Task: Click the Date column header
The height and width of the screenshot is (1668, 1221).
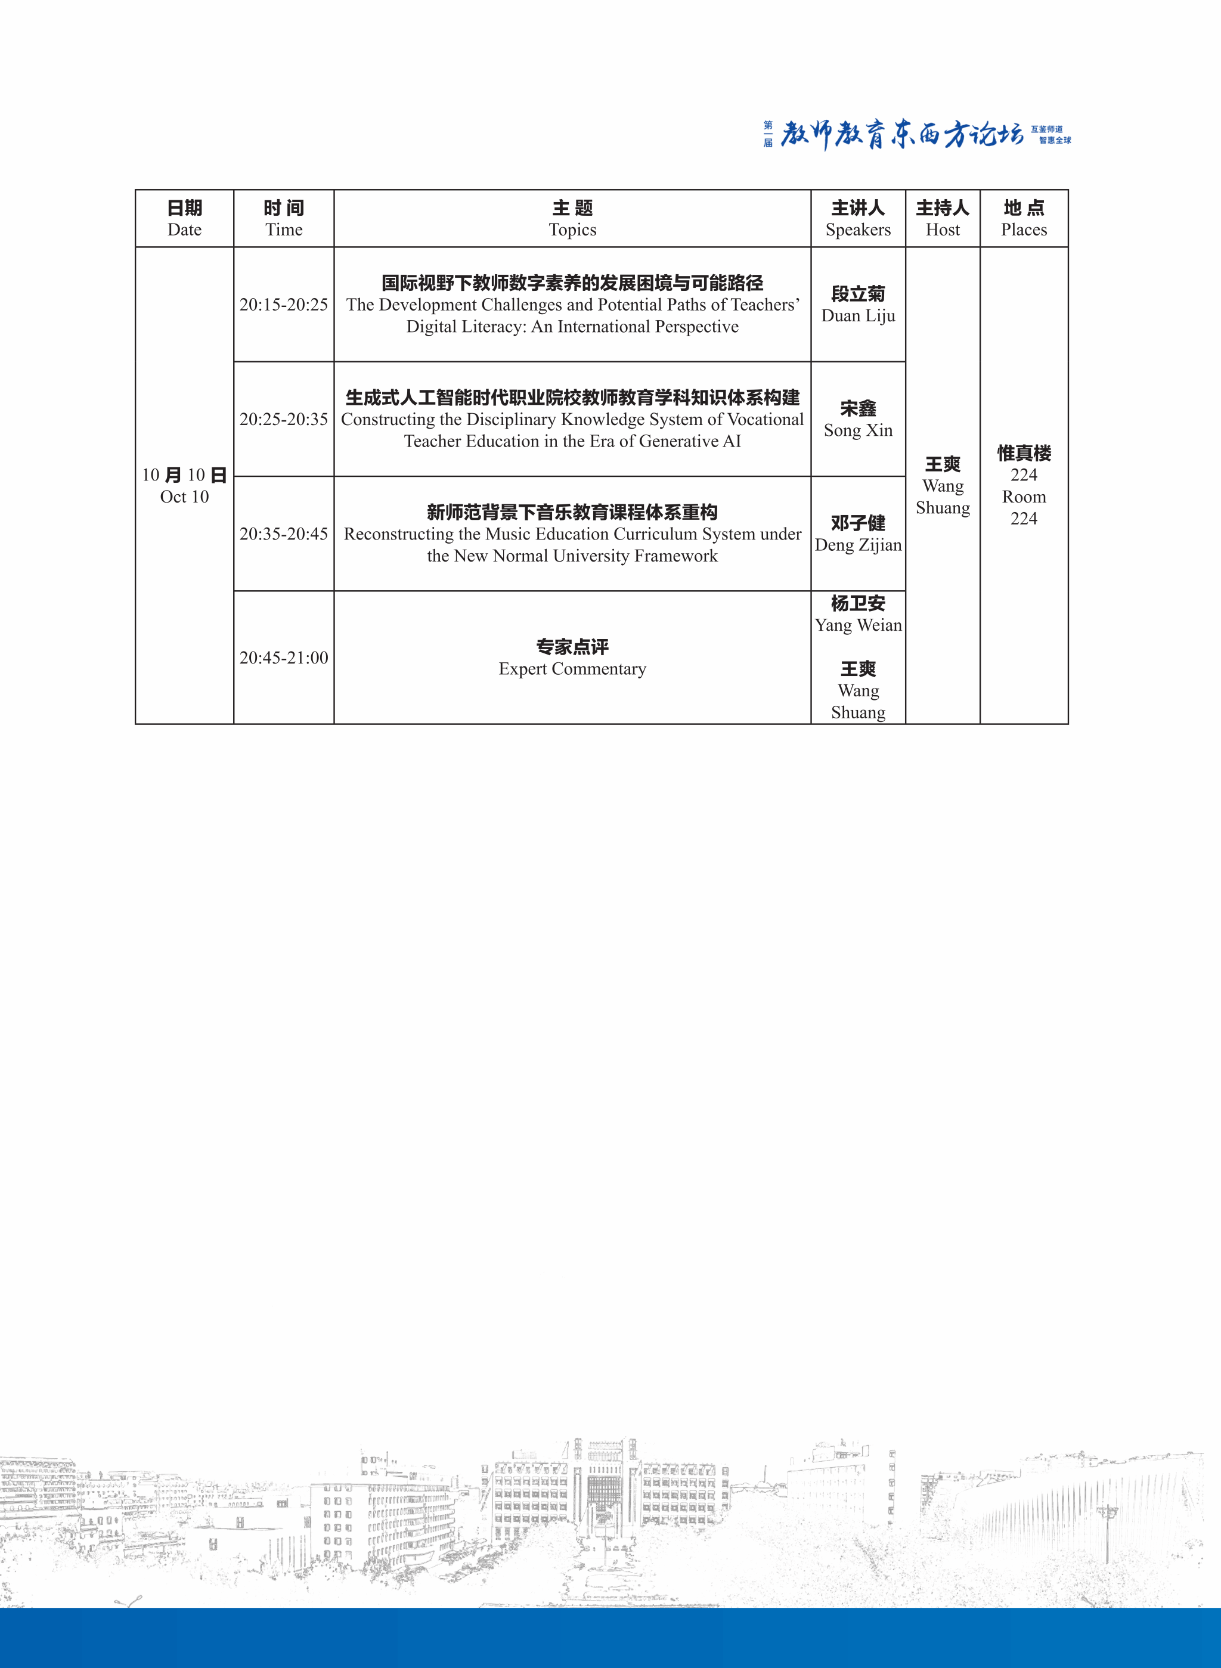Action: (184, 218)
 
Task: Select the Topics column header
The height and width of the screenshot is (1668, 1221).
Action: (572, 218)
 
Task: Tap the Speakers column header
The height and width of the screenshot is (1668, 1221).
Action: (858, 218)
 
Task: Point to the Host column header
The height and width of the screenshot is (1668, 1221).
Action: (943, 218)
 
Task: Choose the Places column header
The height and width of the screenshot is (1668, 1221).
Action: (1024, 218)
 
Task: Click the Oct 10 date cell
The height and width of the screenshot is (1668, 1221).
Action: (184, 485)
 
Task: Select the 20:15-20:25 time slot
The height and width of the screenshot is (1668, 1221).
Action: (284, 305)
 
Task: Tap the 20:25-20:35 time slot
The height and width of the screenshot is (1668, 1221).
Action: (284, 419)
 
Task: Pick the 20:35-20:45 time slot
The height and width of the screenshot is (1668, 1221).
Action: (284, 534)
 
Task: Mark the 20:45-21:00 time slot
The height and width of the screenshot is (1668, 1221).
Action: (284, 658)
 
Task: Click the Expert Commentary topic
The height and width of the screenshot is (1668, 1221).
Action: (572, 658)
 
